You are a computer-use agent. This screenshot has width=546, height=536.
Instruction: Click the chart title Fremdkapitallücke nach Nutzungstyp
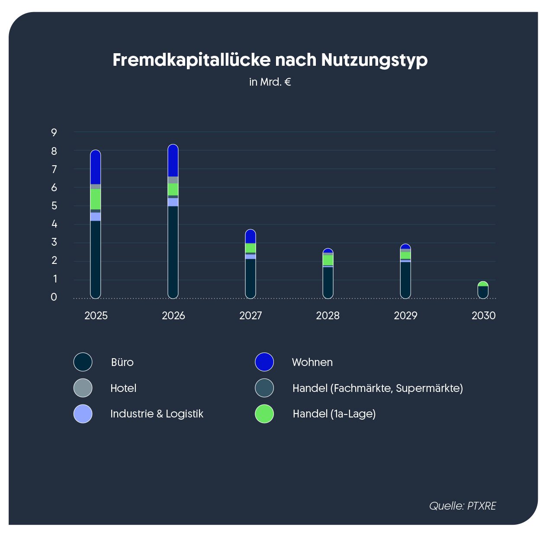coord(270,60)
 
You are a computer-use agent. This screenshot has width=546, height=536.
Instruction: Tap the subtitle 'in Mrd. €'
coord(270,82)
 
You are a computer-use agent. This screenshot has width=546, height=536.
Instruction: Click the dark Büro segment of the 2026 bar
coord(173,251)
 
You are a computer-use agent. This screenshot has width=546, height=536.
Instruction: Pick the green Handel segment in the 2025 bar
coord(96,199)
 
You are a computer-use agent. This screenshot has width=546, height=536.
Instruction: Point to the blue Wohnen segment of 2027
coord(251,237)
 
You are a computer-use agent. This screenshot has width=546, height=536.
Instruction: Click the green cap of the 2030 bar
coord(483,284)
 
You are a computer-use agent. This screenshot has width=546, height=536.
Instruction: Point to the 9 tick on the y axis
coord(54,132)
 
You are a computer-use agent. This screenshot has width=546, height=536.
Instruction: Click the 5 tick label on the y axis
coord(54,206)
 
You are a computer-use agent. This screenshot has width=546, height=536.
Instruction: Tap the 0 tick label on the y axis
coord(54,297)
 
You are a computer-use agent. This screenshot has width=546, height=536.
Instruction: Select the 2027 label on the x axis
coord(251,315)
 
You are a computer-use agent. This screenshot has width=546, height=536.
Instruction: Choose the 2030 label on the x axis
coord(483,315)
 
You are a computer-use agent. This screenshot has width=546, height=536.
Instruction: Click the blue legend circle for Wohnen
coord(264,362)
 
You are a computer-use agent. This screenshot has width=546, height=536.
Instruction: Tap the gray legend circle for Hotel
coord(83,388)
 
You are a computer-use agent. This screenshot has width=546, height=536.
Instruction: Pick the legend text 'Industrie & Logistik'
coord(157,414)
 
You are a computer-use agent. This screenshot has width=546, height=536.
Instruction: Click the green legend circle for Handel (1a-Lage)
coord(264,414)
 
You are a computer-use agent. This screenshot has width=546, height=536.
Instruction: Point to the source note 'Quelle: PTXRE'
coord(462,506)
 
